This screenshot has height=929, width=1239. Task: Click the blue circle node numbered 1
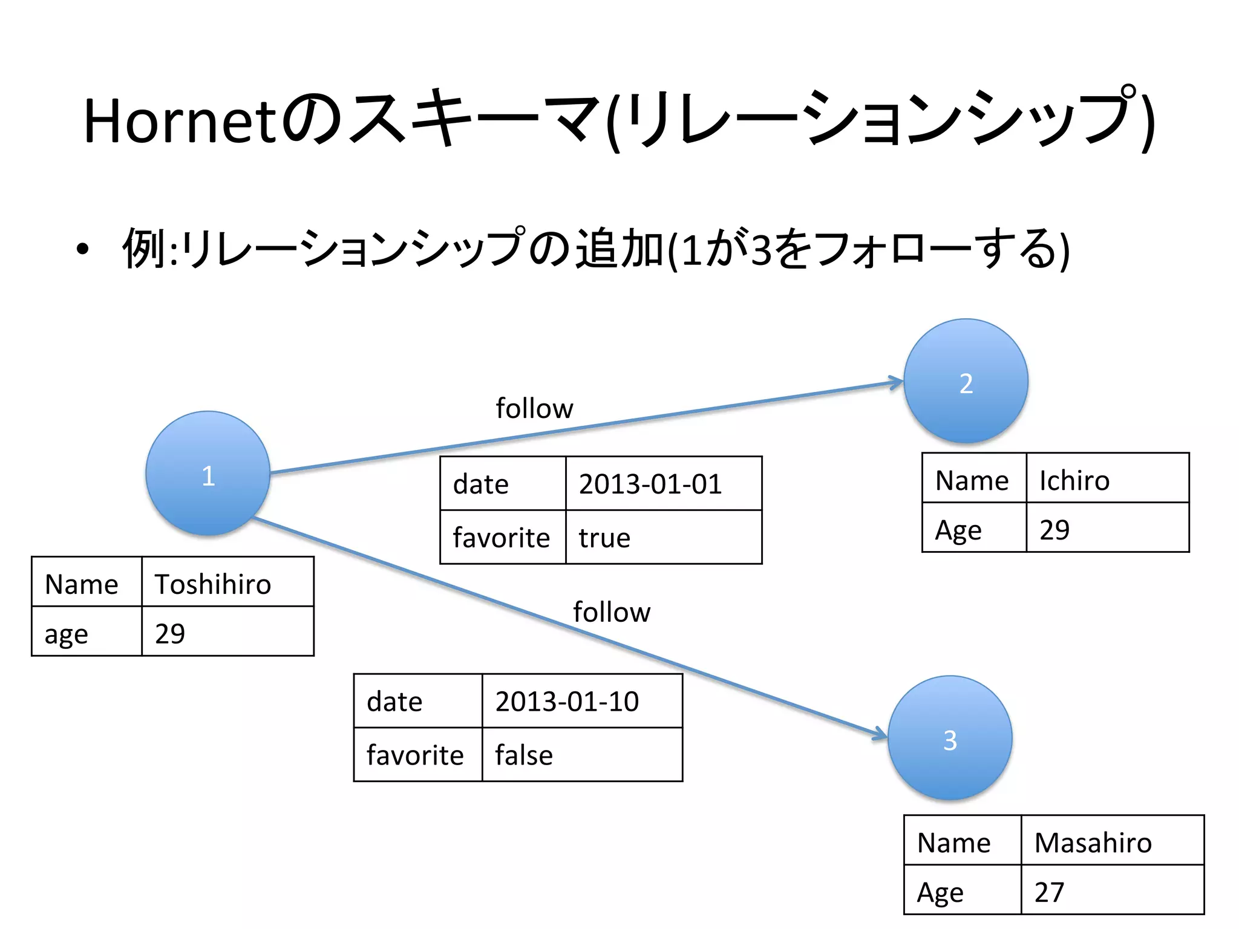(x=208, y=474)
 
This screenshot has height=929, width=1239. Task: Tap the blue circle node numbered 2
(x=966, y=381)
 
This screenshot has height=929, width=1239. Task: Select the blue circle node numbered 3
(x=950, y=738)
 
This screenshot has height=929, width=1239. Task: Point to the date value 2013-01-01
(x=650, y=484)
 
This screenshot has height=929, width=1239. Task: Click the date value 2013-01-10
(x=567, y=701)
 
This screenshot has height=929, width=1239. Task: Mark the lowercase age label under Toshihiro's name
(x=67, y=634)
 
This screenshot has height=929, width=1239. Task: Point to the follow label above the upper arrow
(x=534, y=408)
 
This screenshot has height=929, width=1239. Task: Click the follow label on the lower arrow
(x=612, y=612)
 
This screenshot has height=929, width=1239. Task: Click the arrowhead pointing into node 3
(x=880, y=734)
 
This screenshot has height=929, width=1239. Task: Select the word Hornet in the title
(x=180, y=121)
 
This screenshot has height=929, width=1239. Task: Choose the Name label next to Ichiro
(x=972, y=480)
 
